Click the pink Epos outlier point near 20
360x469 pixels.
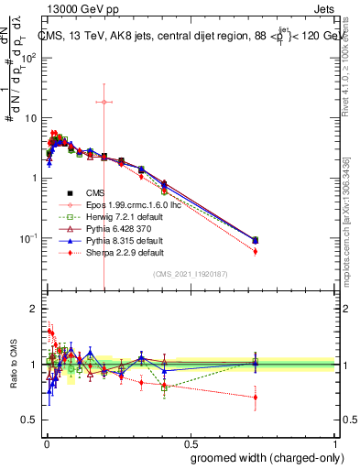pos(104,102)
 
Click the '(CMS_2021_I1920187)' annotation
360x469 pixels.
pos(190,273)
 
